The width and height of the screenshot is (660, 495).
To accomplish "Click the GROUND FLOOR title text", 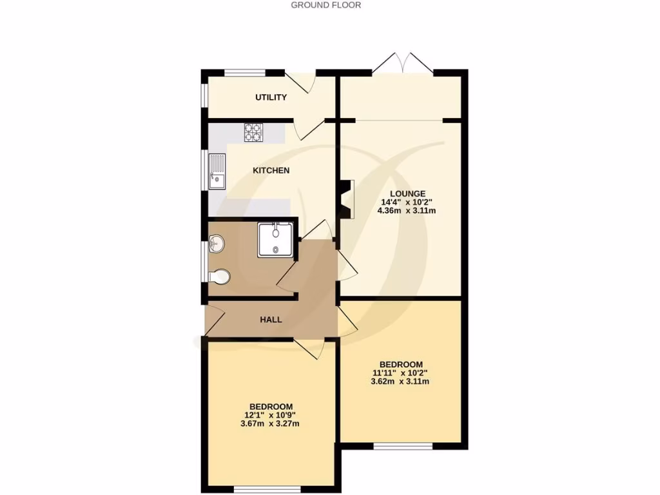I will coord(326,5).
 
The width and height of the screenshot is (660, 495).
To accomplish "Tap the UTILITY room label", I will coord(271,97).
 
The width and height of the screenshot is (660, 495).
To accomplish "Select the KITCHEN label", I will coord(271,171).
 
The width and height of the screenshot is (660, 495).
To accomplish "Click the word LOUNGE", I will coord(407,193).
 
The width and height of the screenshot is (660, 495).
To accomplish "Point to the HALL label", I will coord(271,320).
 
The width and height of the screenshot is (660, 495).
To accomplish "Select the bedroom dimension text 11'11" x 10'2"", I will coord(400,373).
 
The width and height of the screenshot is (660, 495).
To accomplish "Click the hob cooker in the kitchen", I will coord(253,132).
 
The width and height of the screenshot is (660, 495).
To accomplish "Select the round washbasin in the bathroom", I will coord(217,243).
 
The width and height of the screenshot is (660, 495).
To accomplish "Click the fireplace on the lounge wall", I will coord(347,199).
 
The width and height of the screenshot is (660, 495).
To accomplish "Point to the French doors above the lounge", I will coord(403,63).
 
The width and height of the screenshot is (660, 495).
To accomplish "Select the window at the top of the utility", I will coord(245,72).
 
